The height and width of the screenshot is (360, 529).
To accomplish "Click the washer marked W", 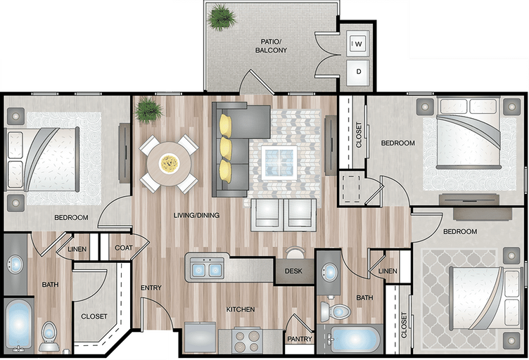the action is pyautogui.click(x=357, y=44).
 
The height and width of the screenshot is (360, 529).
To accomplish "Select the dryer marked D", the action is pyautogui.click(x=358, y=72).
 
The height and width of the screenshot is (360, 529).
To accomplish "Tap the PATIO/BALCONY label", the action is pyautogui.click(x=271, y=46).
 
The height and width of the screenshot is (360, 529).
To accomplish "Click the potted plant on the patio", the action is pyautogui.click(x=222, y=17).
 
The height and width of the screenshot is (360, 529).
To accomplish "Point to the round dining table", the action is pyautogui.click(x=169, y=164).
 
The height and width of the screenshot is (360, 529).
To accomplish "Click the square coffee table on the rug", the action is pyautogui.click(x=279, y=163).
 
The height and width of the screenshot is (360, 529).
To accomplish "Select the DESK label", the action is pyautogui.click(x=293, y=271).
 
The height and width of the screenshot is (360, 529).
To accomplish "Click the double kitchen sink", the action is pyautogui.click(x=207, y=269).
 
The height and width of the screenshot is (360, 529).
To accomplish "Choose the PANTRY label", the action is pyautogui.click(x=300, y=339).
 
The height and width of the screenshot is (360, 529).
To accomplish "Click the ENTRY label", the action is pyautogui.click(x=151, y=288).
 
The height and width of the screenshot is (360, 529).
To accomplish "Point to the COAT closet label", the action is pyautogui.click(x=124, y=247).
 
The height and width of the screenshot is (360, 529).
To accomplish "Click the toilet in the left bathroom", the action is pyautogui.click(x=49, y=336).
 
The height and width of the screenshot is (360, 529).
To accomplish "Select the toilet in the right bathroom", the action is pyautogui.click(x=336, y=311).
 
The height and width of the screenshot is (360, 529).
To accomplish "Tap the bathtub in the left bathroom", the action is pyautogui.click(x=19, y=326).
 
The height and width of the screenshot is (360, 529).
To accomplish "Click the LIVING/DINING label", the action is pyautogui.click(x=196, y=215).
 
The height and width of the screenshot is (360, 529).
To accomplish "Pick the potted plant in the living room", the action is pyautogui.click(x=148, y=110).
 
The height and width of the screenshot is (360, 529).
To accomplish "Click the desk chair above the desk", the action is pyautogui.click(x=295, y=252).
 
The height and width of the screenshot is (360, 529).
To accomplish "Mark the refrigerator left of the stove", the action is pyautogui.click(x=200, y=337).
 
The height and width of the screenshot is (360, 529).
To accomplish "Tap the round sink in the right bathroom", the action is pyautogui.click(x=329, y=272).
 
